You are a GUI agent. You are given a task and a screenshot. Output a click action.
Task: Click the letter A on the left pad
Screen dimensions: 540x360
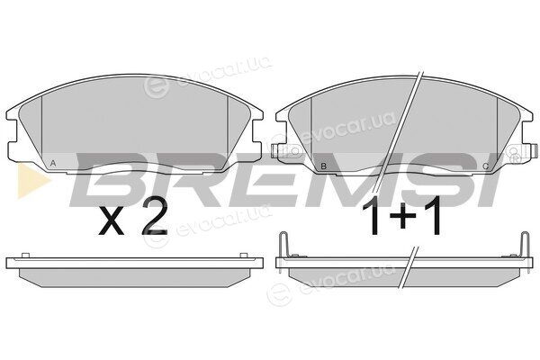click(x=53, y=163)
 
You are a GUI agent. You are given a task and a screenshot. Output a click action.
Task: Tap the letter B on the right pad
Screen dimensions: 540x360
click(x=323, y=166)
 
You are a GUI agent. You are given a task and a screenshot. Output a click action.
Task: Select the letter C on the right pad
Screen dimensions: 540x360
click(x=486, y=166)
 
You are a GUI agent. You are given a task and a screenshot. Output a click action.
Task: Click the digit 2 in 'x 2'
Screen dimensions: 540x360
click(x=155, y=216)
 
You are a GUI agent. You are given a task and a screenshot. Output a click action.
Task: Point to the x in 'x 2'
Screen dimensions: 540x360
click(x=111, y=222)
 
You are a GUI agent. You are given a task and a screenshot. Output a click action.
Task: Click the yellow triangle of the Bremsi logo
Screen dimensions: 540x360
click(x=32, y=181)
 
